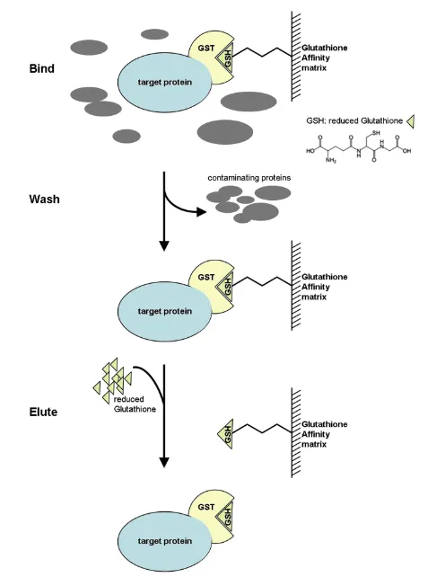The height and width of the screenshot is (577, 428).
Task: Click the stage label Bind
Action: click(x=42, y=68)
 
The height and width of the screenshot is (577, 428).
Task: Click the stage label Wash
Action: click(x=44, y=200)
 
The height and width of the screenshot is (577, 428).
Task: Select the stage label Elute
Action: click(x=43, y=412)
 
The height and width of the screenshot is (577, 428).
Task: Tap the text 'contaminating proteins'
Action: click(x=249, y=178)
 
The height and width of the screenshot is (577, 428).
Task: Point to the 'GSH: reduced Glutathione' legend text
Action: click(x=354, y=120)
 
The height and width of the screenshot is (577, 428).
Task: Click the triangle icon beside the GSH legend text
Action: click(x=411, y=121)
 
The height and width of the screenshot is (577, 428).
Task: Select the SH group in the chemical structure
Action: click(x=376, y=133)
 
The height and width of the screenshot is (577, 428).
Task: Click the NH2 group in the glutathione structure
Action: click(x=330, y=161)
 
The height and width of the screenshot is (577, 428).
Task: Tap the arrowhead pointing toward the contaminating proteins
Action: click(x=202, y=211)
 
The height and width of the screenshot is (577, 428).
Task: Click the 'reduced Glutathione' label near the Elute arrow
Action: click(x=135, y=404)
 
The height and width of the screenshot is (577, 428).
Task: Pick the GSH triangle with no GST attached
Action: click(x=225, y=434)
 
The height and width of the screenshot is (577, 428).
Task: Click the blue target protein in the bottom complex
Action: click(x=164, y=541)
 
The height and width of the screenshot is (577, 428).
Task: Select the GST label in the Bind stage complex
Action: click(x=205, y=49)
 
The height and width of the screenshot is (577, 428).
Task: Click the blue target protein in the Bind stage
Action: click(x=164, y=82)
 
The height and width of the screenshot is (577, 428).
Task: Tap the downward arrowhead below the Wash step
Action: click(x=164, y=245)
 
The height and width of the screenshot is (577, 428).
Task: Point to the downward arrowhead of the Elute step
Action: click(x=164, y=462)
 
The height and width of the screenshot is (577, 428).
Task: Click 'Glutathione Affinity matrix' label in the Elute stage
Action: click(x=324, y=434)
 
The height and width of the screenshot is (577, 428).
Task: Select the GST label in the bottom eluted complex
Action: click(x=205, y=507)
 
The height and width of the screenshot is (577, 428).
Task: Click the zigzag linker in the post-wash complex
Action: click(x=262, y=281)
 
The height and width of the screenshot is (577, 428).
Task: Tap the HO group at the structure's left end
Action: click(x=310, y=151)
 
